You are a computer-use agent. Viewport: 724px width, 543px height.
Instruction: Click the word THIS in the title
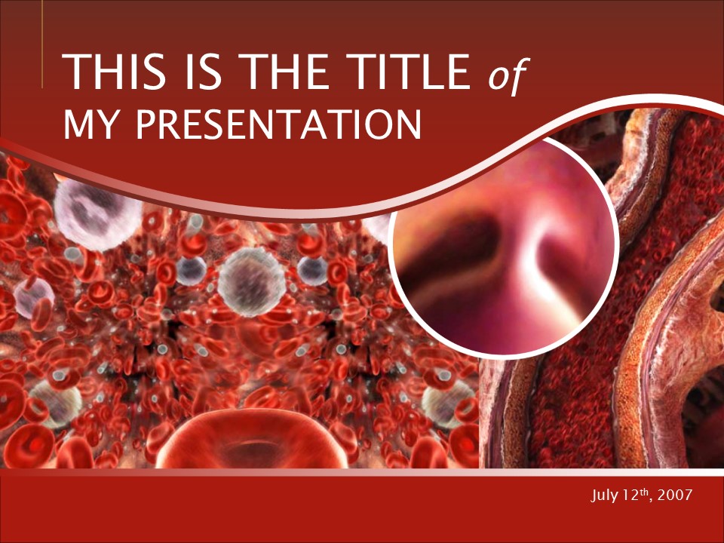[x=114, y=72]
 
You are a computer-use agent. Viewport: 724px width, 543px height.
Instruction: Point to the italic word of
[x=508, y=74]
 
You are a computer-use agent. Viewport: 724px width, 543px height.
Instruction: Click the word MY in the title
[x=89, y=124]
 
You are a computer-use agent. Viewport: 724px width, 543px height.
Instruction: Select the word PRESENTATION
[x=279, y=124]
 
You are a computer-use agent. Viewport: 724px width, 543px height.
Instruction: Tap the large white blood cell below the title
[x=97, y=213]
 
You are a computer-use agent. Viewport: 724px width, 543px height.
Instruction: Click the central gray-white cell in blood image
[x=252, y=281]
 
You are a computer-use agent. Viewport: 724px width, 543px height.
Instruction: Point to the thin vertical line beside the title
[x=42, y=44]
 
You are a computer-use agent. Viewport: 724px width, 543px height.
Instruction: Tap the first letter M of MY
[x=75, y=124]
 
